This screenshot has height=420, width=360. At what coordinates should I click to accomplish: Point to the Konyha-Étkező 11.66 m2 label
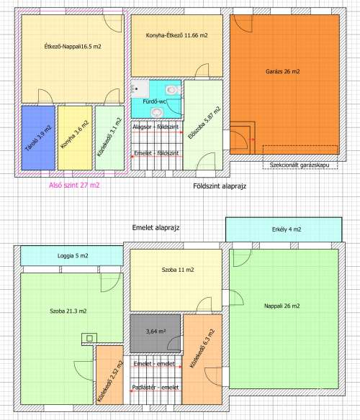pos(176,35)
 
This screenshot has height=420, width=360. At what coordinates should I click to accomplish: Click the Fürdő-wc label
pos(156,103)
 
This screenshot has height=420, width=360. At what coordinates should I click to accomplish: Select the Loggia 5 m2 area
pos(72,255)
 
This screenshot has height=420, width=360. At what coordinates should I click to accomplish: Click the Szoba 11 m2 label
pos(177,270)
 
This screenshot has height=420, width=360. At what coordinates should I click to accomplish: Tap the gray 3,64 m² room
pos(156,332)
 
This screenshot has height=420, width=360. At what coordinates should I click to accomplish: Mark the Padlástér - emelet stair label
pos(156,388)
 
